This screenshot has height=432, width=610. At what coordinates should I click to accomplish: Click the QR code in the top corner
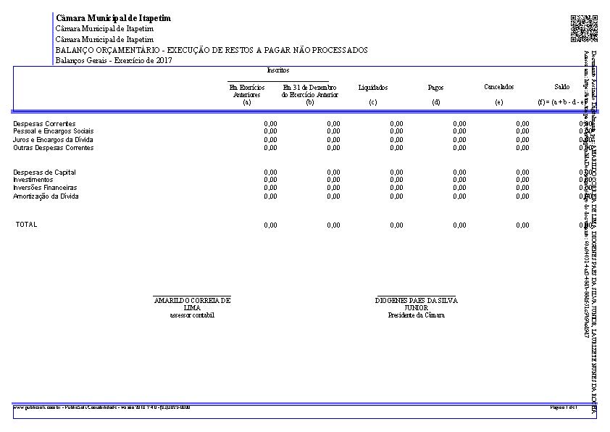[x=584, y=28]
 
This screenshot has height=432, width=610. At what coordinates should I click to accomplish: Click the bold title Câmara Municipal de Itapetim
[x=113, y=18]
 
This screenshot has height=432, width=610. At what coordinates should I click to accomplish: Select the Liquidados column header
[x=373, y=88]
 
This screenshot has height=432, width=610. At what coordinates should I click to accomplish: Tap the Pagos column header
[x=435, y=88]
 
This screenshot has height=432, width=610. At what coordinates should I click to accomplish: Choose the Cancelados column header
[x=498, y=87]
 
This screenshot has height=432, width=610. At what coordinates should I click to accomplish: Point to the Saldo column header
[x=561, y=87]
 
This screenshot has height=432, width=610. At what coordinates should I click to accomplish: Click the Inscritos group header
[x=278, y=70]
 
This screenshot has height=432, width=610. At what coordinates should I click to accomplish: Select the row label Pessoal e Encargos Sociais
[x=54, y=131]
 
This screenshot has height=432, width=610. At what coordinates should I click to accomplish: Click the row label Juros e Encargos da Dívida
[x=53, y=139]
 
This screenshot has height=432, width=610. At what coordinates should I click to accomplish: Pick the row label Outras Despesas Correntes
[x=53, y=148]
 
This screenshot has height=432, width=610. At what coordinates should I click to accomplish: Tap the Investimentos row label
[x=33, y=180]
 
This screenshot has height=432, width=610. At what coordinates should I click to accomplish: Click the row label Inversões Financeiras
[x=45, y=188]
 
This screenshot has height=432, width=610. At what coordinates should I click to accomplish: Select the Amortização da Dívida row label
[x=46, y=196]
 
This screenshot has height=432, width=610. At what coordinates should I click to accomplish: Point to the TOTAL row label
[x=26, y=225]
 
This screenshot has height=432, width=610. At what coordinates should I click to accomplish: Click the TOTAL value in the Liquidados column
[x=396, y=225]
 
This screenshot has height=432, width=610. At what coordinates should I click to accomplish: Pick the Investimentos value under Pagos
[x=459, y=180]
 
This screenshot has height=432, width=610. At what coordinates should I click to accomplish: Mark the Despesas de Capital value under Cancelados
[x=522, y=173]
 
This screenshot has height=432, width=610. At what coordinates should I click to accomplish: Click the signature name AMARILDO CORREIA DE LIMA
[x=192, y=303]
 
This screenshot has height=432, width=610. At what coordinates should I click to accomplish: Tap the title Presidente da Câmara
[x=416, y=315]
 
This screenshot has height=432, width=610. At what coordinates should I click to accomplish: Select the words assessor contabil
[x=192, y=315]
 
